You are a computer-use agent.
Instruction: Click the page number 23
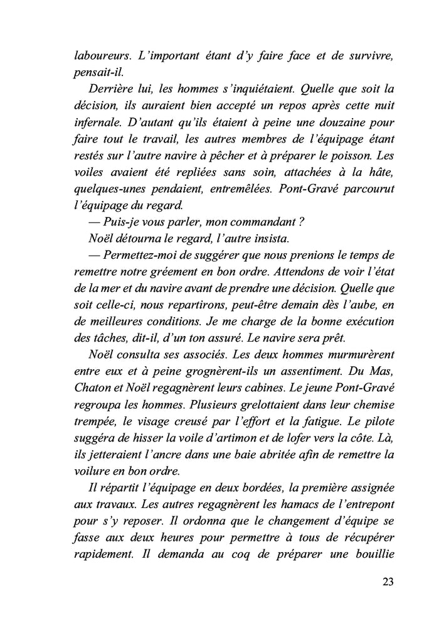click(x=387, y=581)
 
